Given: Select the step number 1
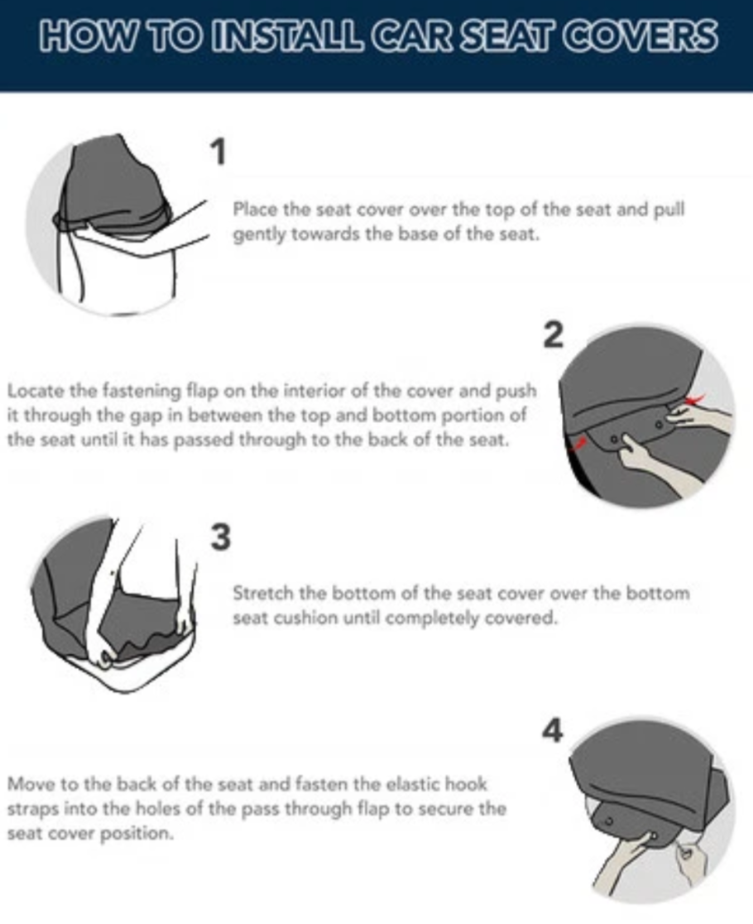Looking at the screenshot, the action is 218,152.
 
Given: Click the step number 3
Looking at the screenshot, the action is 220,537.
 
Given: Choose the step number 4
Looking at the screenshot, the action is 552,730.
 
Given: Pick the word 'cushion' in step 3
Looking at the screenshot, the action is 302,618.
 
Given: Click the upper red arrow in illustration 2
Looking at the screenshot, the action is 695,402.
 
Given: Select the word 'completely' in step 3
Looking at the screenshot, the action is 432,618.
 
